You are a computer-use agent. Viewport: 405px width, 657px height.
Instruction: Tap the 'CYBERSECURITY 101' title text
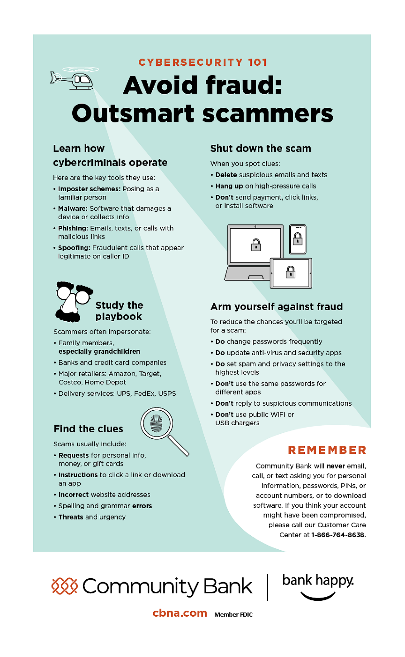pos(203,62)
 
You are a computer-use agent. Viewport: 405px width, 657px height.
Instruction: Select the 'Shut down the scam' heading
pos(260,148)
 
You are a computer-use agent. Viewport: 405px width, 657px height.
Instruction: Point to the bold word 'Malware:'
pos(73,208)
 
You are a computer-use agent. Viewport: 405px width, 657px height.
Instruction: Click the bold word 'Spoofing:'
pos(74,248)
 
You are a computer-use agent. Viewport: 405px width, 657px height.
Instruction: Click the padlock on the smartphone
pos(298,239)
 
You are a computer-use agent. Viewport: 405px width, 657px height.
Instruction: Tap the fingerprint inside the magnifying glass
pos(156,423)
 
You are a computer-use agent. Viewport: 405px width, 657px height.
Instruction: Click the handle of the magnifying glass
pos(179,446)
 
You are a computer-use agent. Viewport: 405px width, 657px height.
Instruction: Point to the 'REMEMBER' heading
pos(327,450)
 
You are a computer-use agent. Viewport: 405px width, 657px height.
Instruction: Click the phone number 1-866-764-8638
pos(338,535)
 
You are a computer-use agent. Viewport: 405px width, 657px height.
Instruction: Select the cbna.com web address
pos(180,613)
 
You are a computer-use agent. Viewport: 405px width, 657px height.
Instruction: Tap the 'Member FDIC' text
pos(233,614)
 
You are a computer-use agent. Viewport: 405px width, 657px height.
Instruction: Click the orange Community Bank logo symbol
pos(64,586)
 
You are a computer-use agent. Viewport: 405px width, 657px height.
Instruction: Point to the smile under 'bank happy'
pos(318,596)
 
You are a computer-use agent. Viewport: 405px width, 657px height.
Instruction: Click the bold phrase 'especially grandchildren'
pos(99,351)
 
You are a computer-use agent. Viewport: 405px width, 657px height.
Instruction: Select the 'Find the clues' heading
pos(88,429)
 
